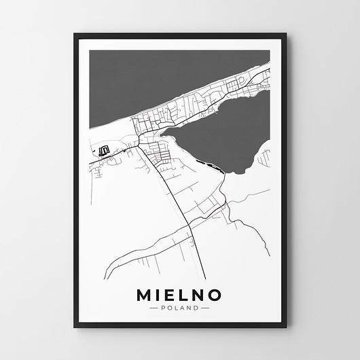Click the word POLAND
181,308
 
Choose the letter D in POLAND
197,308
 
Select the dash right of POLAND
206,308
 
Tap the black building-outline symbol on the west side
104,151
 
